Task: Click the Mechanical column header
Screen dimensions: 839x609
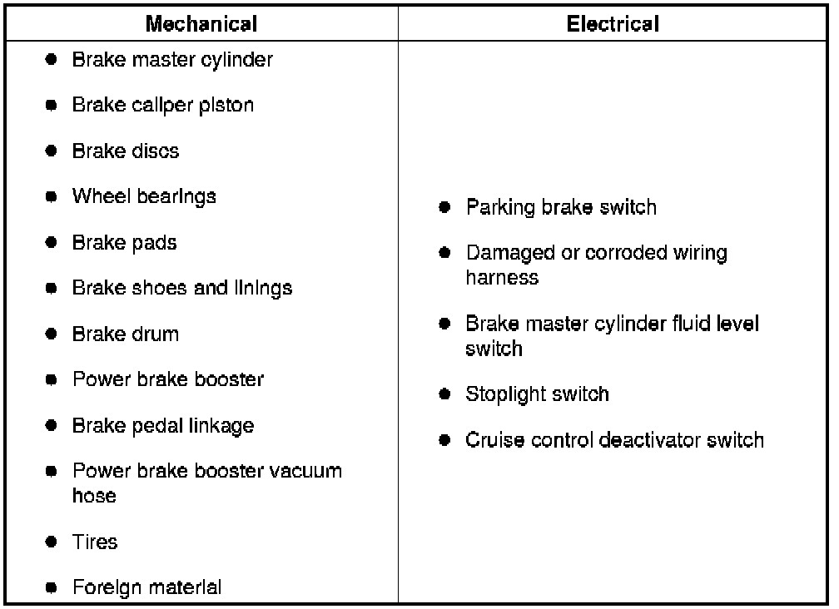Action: point(201,24)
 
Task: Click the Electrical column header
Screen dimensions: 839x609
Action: point(613,24)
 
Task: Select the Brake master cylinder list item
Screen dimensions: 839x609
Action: point(172,60)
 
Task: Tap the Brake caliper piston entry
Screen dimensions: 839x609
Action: point(163,106)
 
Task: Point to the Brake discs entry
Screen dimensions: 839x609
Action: point(126,151)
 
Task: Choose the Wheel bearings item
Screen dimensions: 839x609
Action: point(144,197)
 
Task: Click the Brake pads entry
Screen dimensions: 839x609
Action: point(125,243)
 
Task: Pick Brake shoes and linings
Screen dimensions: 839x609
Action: point(182,289)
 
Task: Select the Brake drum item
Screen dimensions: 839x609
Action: point(126,334)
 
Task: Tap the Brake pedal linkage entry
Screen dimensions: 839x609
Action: point(163,426)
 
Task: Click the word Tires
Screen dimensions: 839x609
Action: point(95,542)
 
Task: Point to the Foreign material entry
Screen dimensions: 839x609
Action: point(147,588)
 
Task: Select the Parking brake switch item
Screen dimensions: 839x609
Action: point(561,207)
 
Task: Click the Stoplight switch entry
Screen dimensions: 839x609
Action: point(537,394)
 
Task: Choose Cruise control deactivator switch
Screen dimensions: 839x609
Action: point(614,439)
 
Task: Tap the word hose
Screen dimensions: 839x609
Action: point(94,496)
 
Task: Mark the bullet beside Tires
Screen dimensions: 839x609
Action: point(52,542)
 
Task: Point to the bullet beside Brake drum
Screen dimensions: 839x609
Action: point(52,334)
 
